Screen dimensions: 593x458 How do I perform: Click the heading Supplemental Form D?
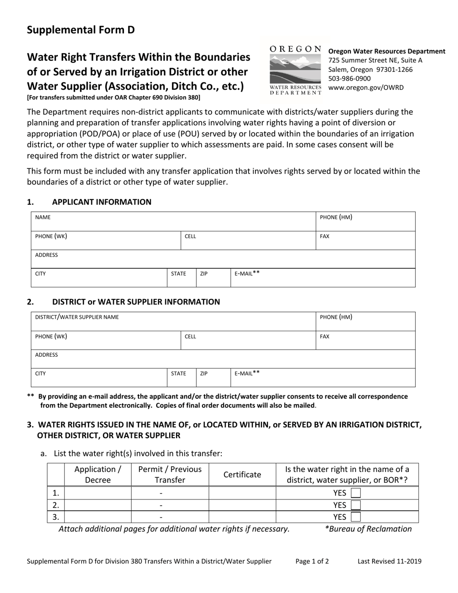pyautogui.click(x=81, y=30)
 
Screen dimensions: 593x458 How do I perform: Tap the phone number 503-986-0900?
pyautogui.click(x=350, y=78)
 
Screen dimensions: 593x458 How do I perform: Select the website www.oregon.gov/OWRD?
pyautogui.click(x=366, y=87)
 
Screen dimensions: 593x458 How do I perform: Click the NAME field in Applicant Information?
pyautogui.click(x=174, y=222)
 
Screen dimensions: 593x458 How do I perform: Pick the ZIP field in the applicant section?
pyautogui.click(x=213, y=278)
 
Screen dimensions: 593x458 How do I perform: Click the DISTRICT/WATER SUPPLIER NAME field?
pyautogui.click(x=174, y=322)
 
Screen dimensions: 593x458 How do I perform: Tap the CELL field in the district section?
pyautogui.click(x=248, y=340)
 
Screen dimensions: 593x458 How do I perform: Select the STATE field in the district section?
pyautogui.click(x=181, y=378)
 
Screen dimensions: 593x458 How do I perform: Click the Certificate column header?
pyautogui.click(x=242, y=474)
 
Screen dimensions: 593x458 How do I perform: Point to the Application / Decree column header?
pyautogui.click(x=98, y=474)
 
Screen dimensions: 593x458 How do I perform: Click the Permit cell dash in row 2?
pyautogui.click(x=161, y=505)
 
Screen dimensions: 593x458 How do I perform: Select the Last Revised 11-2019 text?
pyautogui.click(x=390, y=561)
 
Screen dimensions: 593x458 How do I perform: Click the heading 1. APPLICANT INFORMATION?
pyautogui.click(x=101, y=202)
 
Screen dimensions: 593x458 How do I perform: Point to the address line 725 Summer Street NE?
pyautogui.click(x=375, y=60)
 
